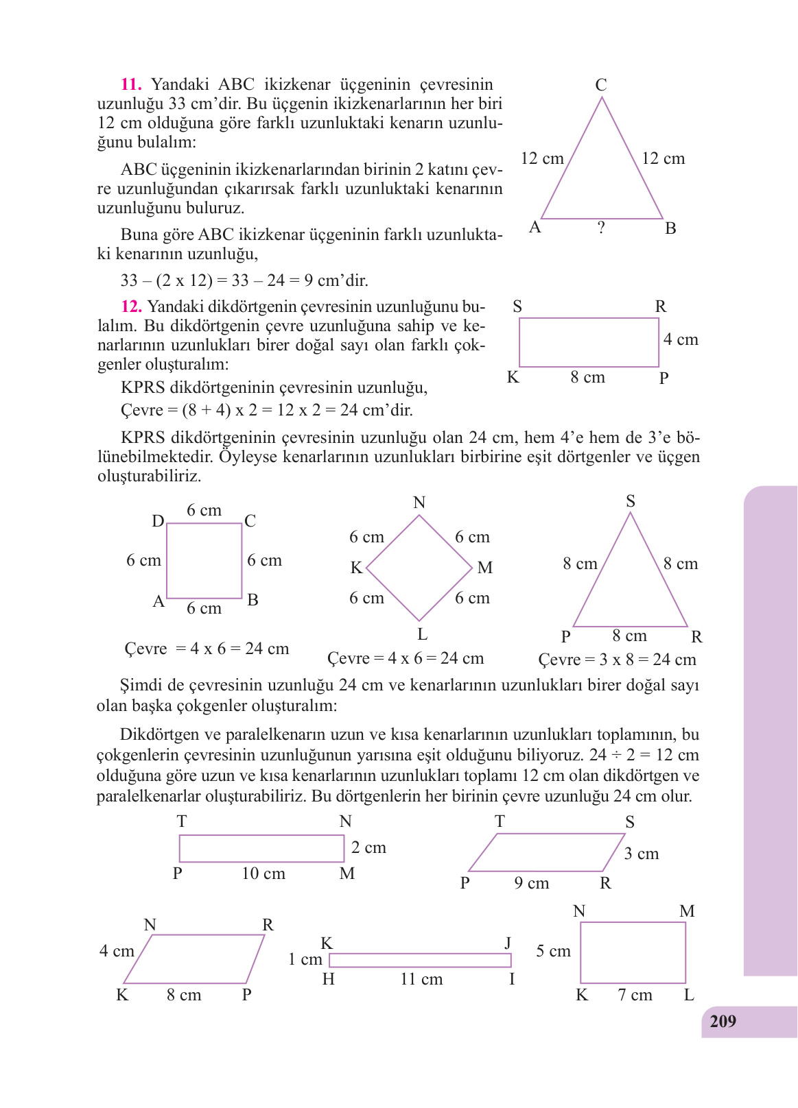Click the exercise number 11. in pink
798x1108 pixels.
coord(131,85)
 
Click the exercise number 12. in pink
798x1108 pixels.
coord(131,306)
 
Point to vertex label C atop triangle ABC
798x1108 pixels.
coord(601,85)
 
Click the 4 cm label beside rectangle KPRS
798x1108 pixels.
coord(681,340)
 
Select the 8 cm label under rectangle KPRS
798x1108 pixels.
coord(588,378)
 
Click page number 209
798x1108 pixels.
coord(723,1022)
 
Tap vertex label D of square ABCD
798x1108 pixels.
coord(158,522)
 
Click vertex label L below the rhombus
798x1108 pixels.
coord(423,634)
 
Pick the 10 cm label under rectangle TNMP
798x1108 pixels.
coord(263,874)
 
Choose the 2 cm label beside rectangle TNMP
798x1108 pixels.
coord(368,848)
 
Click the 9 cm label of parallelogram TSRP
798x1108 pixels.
coord(532,884)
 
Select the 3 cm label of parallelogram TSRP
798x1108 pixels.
coord(642,854)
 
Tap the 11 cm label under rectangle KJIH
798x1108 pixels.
coord(421,980)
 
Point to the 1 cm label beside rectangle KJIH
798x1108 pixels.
coord(305,960)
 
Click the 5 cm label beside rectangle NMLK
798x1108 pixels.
coord(553,952)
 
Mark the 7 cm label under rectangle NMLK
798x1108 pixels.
coord(635,996)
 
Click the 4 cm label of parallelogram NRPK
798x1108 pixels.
coord(117,952)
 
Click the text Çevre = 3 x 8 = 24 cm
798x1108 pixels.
coord(617,660)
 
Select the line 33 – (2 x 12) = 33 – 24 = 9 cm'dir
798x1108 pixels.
coord(244,280)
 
